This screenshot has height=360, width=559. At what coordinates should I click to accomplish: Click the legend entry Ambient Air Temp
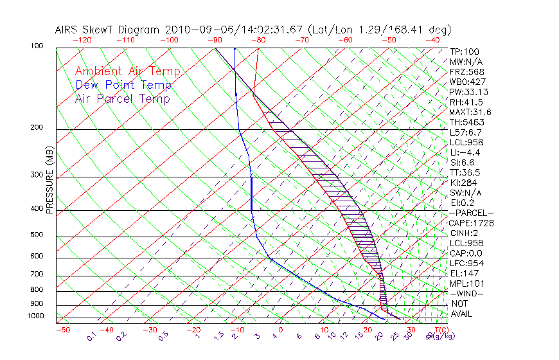(x=127, y=71)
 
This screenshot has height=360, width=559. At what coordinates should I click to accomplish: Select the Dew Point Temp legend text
(x=123, y=85)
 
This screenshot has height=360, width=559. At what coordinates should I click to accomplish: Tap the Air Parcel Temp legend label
(x=122, y=98)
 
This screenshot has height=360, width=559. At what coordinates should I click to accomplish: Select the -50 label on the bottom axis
(x=62, y=329)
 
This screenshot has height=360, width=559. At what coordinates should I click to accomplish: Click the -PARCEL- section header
(x=471, y=213)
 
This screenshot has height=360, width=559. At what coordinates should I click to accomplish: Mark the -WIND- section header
(x=466, y=293)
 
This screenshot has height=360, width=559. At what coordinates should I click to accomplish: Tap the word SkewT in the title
(x=110, y=30)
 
